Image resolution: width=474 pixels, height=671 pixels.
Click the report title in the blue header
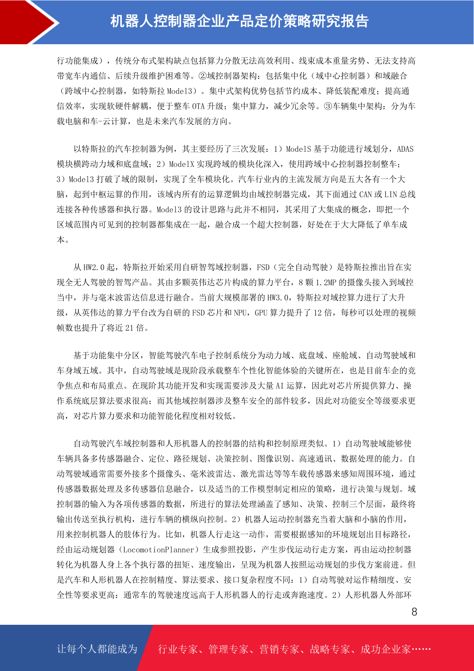pyautogui.click(x=239, y=22)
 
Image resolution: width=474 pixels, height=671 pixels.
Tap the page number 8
pyautogui.click(x=414, y=612)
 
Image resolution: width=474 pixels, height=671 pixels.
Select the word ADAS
pyautogui.click(x=405, y=149)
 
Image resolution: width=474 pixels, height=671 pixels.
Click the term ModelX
pyautogui.click(x=181, y=164)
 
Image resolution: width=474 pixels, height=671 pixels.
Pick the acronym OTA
pyautogui.click(x=198, y=106)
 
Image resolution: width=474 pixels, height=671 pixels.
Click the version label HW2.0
pyautogui.click(x=94, y=267)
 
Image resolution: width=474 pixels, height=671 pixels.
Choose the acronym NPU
pyautogui.click(x=240, y=313)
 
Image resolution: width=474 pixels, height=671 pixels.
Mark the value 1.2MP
pyautogui.click(x=326, y=283)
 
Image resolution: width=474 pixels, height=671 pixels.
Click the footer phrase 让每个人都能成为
pyautogui.click(x=97, y=649)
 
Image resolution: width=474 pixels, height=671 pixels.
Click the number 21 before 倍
pyautogui.click(x=129, y=328)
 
